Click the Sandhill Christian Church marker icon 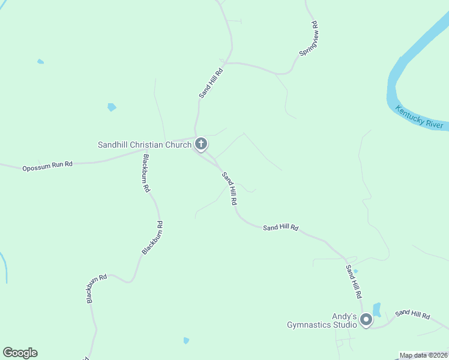tap(201, 144)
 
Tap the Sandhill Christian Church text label tap(145, 145)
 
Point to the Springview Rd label tap(308, 39)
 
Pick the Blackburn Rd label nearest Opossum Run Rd tap(145, 173)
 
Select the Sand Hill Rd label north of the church tap(211, 83)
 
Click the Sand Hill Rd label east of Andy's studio tap(412, 314)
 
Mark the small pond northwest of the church tap(112, 107)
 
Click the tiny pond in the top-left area tap(40, 61)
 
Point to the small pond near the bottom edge tap(186, 341)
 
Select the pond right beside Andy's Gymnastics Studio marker tap(377, 310)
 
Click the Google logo tap(20, 353)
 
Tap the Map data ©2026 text tap(424, 355)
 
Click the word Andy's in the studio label tap(345, 316)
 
